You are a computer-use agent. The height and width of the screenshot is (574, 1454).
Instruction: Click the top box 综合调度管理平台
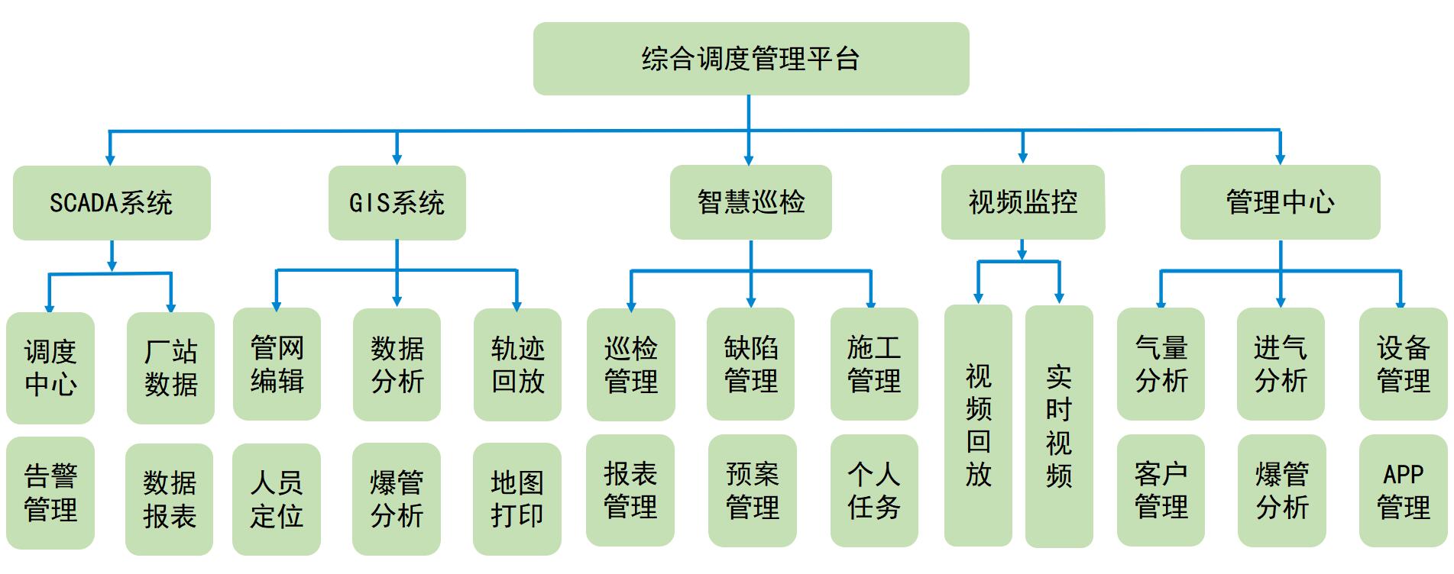click(750, 59)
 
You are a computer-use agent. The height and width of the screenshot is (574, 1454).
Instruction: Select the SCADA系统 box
click(112, 202)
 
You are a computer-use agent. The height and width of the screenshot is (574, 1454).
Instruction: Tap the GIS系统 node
click(397, 202)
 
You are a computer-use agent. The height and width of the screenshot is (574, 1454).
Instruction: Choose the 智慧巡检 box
click(750, 202)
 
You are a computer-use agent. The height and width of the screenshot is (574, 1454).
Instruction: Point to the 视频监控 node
click(1022, 202)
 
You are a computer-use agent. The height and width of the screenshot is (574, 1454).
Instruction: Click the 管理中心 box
click(1280, 202)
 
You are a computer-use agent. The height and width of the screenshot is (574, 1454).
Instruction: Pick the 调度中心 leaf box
click(50, 368)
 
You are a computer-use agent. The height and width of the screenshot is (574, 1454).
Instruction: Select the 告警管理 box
click(50, 492)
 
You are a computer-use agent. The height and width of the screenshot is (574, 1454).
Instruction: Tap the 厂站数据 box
click(170, 368)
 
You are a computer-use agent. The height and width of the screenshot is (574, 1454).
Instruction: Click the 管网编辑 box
click(277, 364)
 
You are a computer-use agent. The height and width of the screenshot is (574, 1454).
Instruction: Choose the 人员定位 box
click(277, 499)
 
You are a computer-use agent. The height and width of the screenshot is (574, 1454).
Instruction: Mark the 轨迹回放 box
click(517, 365)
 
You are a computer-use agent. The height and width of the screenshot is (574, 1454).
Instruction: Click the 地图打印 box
click(517, 499)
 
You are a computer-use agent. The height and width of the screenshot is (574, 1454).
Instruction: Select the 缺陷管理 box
click(750, 364)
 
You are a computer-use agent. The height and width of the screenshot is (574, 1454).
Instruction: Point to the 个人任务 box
click(874, 491)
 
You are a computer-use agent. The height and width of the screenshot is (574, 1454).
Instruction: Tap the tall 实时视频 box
click(1059, 427)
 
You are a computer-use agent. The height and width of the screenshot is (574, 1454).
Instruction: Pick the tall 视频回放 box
click(978, 426)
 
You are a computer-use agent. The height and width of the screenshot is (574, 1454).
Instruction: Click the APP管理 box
click(1403, 491)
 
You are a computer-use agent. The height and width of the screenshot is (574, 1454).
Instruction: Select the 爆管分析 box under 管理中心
click(1281, 491)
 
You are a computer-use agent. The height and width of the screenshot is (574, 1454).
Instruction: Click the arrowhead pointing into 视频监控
click(1023, 158)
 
